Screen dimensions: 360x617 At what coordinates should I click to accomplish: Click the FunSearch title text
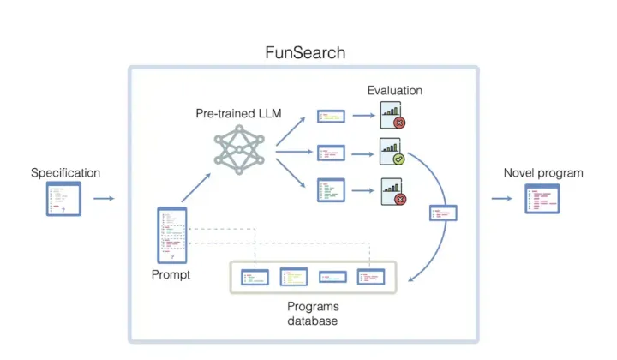coord(305,52)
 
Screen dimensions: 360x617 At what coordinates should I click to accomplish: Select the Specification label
coord(65,172)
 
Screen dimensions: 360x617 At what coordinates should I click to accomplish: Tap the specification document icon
coord(64,198)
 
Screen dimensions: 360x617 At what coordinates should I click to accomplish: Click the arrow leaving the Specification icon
coord(104,199)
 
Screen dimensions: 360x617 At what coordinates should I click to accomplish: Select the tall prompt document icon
coord(172,235)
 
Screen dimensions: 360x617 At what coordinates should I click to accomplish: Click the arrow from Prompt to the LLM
coord(195,186)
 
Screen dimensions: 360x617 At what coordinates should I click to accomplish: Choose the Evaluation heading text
coord(394,90)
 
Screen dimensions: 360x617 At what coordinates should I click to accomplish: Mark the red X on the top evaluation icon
coord(398,123)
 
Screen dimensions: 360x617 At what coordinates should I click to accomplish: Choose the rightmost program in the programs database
coord(371,277)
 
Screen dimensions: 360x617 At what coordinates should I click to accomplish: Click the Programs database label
coord(313,314)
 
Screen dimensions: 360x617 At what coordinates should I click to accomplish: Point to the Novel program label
coord(543,172)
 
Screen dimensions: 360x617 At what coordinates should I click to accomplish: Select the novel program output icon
coord(542,199)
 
